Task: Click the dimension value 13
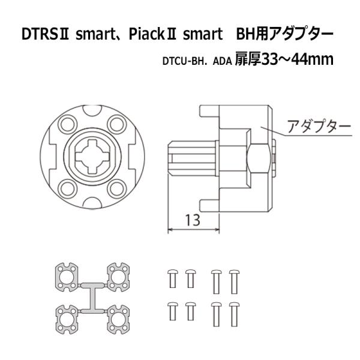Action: coord(193,220)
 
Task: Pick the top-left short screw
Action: coord(172,278)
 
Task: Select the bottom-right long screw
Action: coord(234,313)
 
